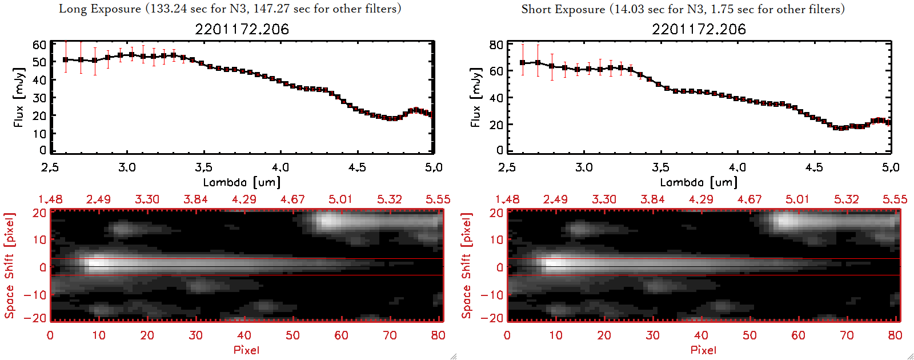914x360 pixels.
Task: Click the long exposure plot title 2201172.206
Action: [x=242, y=29]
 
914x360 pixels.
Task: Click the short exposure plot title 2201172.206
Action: [x=699, y=29]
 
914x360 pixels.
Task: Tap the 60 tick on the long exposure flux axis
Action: [x=39, y=45]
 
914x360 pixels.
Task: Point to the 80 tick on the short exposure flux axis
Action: [x=496, y=45]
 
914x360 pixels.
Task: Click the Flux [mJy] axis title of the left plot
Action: [x=19, y=97]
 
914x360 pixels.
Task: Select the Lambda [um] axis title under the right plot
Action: [x=699, y=182]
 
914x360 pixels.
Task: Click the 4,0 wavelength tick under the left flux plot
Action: [x=280, y=167]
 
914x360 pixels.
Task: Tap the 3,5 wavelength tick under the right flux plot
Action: [x=660, y=167]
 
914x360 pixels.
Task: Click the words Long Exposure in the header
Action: [x=100, y=9]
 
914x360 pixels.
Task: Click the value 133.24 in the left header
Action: [x=170, y=9]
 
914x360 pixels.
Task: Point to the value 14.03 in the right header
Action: [x=630, y=9]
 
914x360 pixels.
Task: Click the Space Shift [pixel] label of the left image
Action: [x=10, y=266]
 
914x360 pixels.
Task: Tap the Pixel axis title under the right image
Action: [x=703, y=350]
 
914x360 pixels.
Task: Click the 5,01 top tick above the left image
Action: [x=340, y=199]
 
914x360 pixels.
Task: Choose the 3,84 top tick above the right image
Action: [x=652, y=199]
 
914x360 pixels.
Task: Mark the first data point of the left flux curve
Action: [x=66, y=59]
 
